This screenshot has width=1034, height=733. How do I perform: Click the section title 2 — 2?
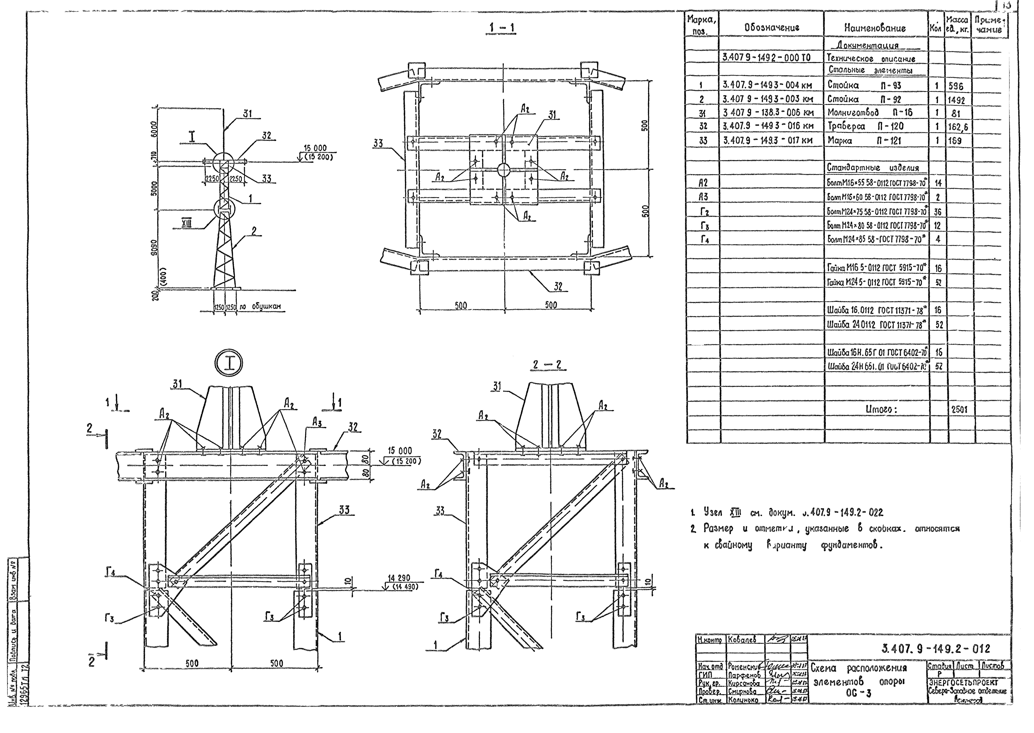547,365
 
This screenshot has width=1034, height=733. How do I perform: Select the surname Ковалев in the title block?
745,640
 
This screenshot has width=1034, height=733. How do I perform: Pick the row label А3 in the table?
703,197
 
